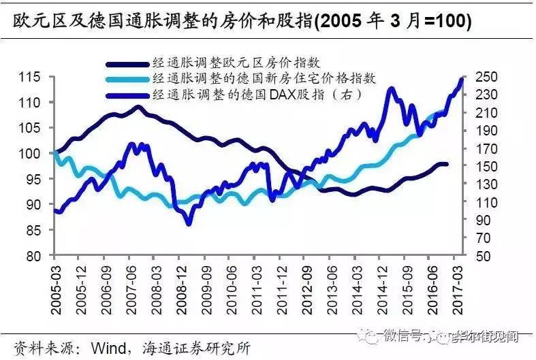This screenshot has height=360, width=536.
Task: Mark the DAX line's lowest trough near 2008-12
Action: coord(189,223)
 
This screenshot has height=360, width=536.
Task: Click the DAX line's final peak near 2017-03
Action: coord(461,80)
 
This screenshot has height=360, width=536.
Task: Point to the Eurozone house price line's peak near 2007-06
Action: coord(138,107)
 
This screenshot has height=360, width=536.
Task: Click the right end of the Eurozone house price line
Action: coord(446,164)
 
